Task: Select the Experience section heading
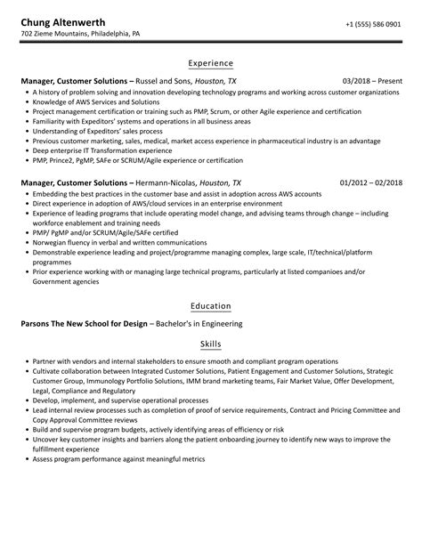(x=211, y=63)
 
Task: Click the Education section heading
(x=211, y=306)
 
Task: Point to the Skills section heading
(x=211, y=344)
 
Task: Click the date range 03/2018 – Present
(x=373, y=80)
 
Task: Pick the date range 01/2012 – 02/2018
(x=370, y=182)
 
